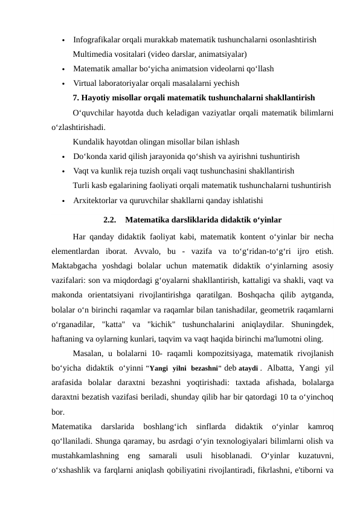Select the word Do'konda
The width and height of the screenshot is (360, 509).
pos(91,156)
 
